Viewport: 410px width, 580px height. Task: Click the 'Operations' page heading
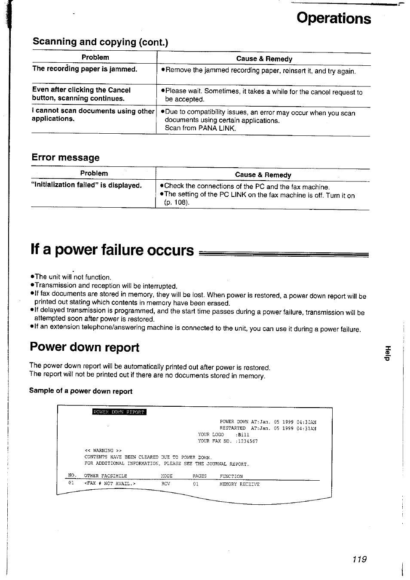pos(334,18)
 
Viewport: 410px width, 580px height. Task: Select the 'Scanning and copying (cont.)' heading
pos(101,42)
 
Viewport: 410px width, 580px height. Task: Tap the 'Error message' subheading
pos(65,157)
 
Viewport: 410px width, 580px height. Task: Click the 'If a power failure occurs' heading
pos(112,250)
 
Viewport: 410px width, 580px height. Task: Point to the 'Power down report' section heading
pos(85,347)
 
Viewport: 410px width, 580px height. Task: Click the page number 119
pos(359,559)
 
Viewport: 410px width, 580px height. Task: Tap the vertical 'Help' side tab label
pos(388,353)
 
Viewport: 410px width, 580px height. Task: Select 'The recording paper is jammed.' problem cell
pos(85,69)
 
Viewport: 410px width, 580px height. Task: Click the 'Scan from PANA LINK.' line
pos(200,128)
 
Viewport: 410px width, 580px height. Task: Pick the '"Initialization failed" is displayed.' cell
pos(86,185)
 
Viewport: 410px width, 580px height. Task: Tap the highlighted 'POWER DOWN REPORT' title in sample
pos(119,412)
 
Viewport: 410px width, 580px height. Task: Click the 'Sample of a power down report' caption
pos(81,391)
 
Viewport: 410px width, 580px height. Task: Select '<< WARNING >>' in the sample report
pos(103,451)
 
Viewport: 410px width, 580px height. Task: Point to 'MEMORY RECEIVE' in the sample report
pos(239,484)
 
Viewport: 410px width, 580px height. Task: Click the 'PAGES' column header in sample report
pos(199,476)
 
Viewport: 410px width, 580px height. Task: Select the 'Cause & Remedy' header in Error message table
pos(263,175)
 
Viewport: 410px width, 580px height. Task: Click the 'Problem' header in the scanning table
pos(95,57)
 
